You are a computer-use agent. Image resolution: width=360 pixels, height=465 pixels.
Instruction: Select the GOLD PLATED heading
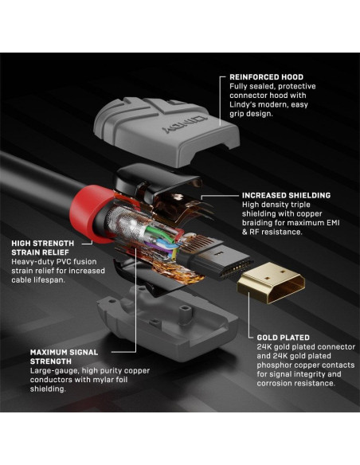283,337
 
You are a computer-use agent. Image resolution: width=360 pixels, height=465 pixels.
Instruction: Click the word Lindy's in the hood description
241,103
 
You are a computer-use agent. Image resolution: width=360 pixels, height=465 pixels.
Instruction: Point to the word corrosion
276,384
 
